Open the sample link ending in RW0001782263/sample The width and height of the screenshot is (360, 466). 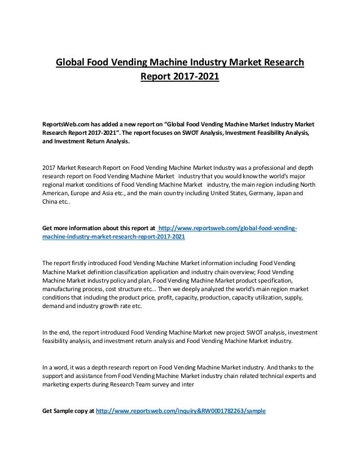tap(181, 410)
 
